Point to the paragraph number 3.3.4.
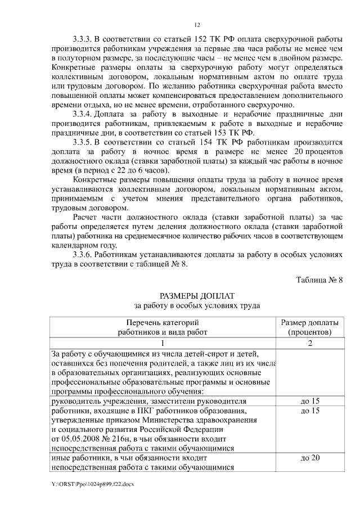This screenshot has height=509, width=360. tap(84, 115)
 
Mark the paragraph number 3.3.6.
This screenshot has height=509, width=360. tap(84, 255)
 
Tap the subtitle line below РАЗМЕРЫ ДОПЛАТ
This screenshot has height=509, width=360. tap(196, 307)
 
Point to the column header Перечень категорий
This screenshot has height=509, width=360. tap(163, 323)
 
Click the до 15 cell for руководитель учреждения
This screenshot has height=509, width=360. tap(309, 401)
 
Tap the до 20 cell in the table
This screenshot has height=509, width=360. tap(309, 458)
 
